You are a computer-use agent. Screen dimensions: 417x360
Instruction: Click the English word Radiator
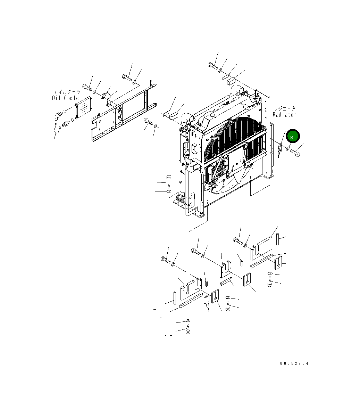pos(284,115)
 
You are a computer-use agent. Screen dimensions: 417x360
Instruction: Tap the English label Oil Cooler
pos(67,98)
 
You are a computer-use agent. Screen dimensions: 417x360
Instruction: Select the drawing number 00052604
pos(294,363)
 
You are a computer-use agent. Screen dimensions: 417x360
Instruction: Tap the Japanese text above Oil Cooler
pos(67,92)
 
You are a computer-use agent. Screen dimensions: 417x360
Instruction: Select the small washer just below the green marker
pos(288,149)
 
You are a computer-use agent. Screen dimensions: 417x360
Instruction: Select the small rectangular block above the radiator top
pos(231,81)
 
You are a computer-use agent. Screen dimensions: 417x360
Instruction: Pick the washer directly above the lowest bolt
pos(188,320)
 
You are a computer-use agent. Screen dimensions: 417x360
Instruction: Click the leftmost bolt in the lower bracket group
pos(165,259)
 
